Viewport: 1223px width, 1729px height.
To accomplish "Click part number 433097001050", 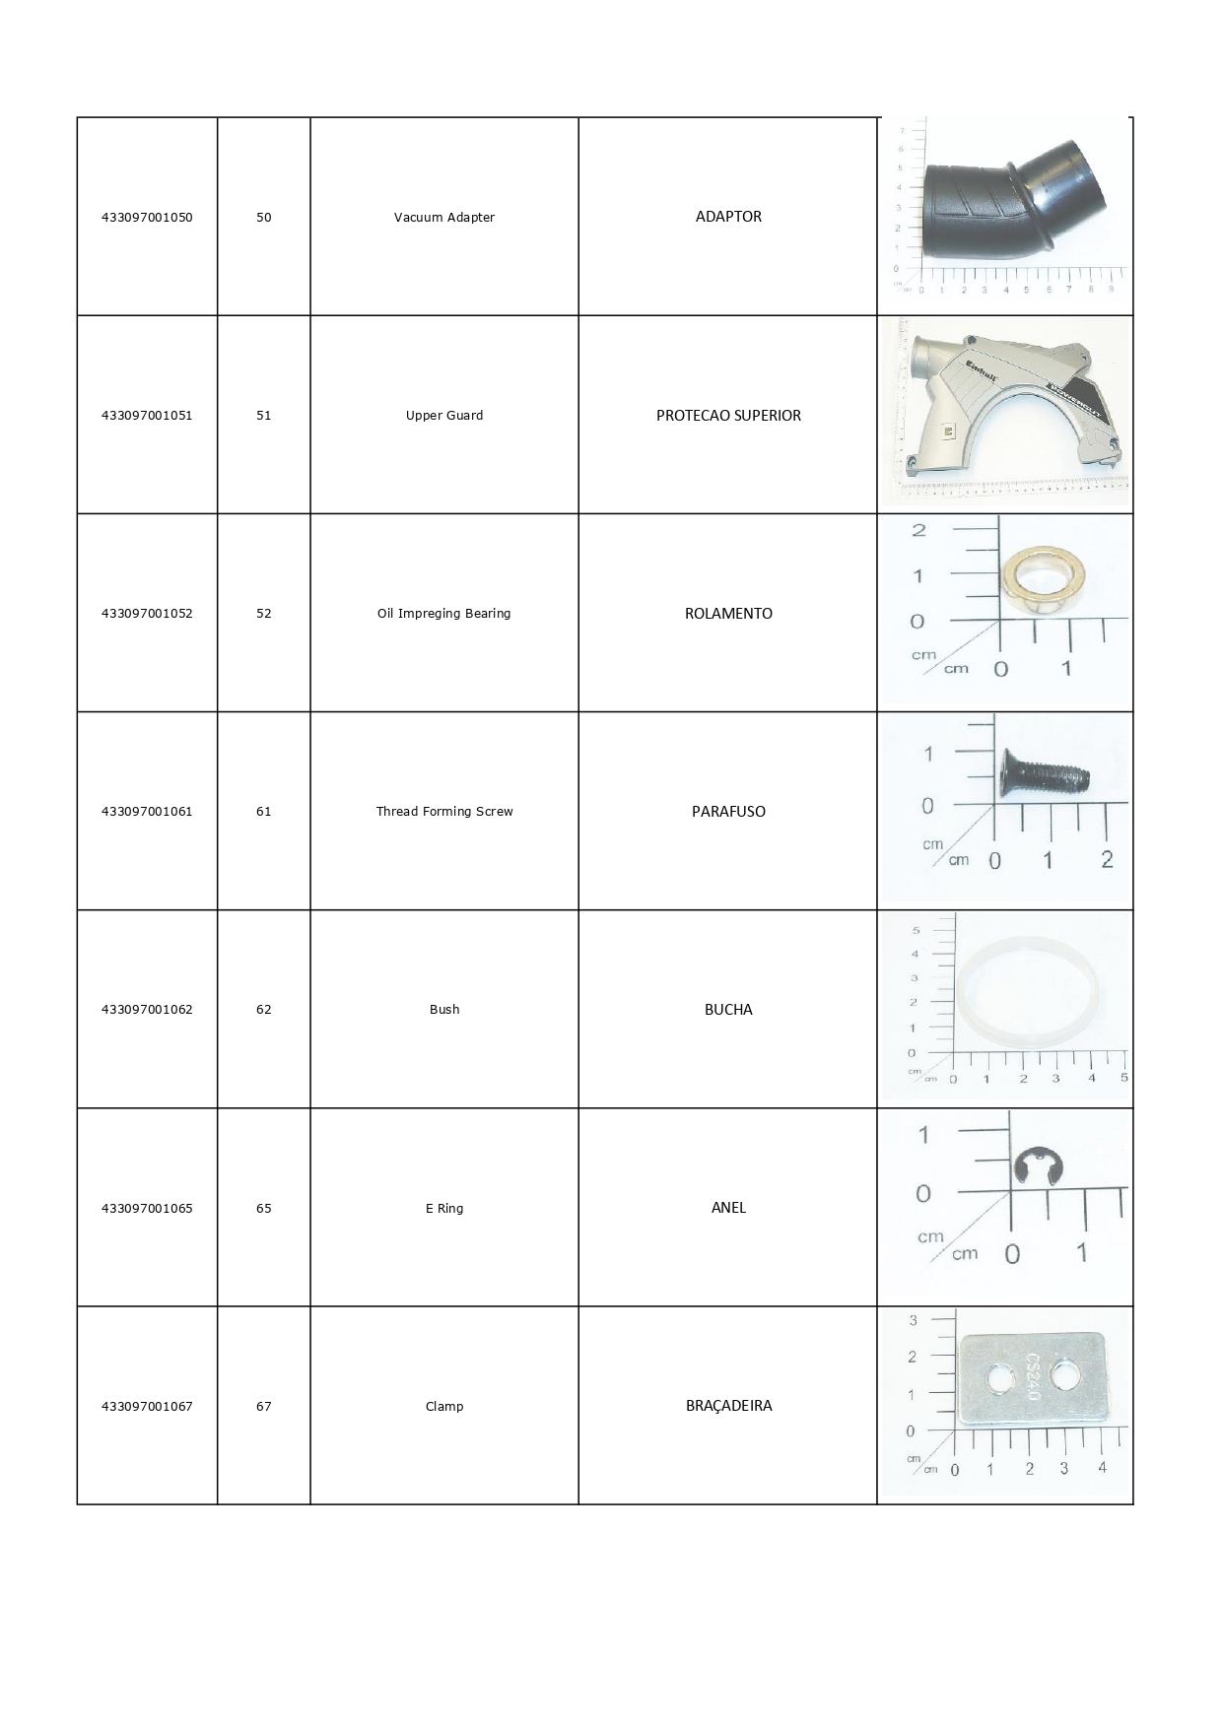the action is click(147, 218).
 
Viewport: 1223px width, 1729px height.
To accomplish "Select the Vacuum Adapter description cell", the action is click(444, 218).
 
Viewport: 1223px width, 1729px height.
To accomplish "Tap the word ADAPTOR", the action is click(728, 217).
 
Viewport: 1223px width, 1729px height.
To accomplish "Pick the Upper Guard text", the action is click(444, 416).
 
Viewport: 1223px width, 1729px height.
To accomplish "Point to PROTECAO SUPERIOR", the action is click(728, 416).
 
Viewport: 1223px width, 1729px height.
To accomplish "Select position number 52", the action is click(264, 614).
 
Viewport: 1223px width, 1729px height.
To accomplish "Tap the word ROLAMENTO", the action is click(728, 614).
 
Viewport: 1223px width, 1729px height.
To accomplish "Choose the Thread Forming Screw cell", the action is click(444, 812).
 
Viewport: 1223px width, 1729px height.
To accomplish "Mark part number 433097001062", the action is click(147, 1010).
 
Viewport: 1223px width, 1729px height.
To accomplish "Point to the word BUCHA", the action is click(728, 1010).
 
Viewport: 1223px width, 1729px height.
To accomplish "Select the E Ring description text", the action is click(444, 1209).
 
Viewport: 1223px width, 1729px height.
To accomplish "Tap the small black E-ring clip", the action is click(1034, 1166).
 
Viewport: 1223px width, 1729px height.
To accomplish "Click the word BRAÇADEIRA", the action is click(728, 1406).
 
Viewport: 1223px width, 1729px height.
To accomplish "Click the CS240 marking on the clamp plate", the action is click(1032, 1376).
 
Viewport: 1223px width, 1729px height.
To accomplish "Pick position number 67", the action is click(264, 1407).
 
